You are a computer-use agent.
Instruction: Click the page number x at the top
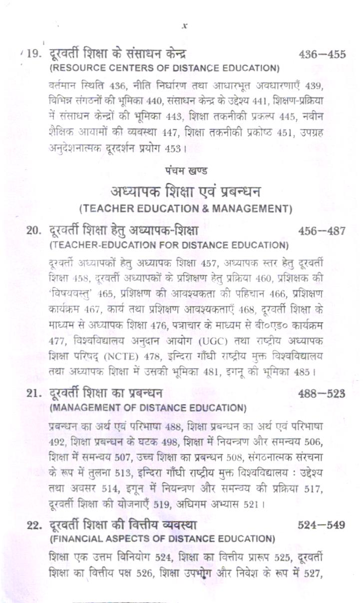click(x=184, y=25)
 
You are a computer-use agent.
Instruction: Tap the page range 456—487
click(x=322, y=231)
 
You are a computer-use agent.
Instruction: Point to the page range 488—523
click(x=322, y=394)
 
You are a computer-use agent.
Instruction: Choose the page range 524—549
click(x=322, y=526)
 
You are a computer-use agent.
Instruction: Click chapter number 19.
click(x=34, y=54)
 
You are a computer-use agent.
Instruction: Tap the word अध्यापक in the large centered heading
click(x=136, y=191)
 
